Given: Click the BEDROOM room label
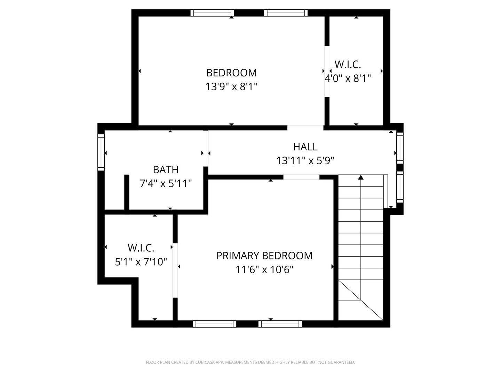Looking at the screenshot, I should click(231, 73).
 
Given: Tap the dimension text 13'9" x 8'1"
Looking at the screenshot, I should click(231, 86).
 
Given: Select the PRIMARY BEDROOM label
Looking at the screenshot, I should click(264, 256).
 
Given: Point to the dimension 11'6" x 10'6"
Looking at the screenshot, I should click(264, 269).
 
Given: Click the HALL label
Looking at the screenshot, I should click(305, 147).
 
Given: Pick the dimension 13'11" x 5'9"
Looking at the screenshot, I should click(305, 160).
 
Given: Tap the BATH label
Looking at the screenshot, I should click(166, 169).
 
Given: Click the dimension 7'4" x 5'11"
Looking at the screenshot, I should click(166, 183).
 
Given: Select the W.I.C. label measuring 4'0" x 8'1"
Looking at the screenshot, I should click(348, 64).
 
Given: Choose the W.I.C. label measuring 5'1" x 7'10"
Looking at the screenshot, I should click(141, 248).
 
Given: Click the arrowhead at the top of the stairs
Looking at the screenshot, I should click(361, 177).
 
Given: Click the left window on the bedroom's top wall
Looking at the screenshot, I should click(212, 13).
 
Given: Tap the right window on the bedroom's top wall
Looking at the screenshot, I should click(286, 13).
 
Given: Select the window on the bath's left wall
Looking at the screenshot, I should click(101, 152).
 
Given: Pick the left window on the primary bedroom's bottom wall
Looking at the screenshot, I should click(214, 324).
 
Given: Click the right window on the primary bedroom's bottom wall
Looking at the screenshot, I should click(280, 324).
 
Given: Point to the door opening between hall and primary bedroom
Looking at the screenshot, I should click(301, 177).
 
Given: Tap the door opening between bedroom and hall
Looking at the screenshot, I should click(305, 127).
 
